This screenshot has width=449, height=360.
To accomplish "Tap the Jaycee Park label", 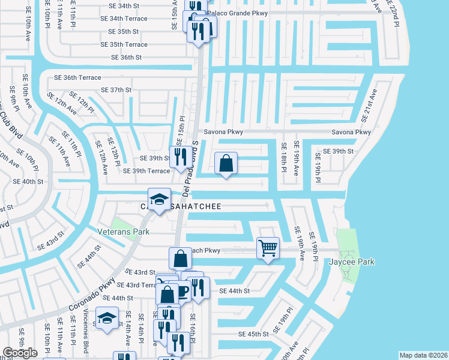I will [x=352, y=262].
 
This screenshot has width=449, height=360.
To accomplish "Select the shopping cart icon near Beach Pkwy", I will [x=268, y=247].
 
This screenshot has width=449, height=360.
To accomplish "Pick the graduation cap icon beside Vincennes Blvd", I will [x=107, y=317].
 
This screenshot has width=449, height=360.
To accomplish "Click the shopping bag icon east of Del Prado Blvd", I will [x=226, y=163].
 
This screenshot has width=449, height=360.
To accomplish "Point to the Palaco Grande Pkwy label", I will [x=238, y=13].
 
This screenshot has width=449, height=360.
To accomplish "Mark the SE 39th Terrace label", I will [x=146, y=171].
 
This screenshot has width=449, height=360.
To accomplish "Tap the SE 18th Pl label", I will [x=283, y=157].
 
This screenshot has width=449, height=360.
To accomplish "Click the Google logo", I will [x=20, y=352].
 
